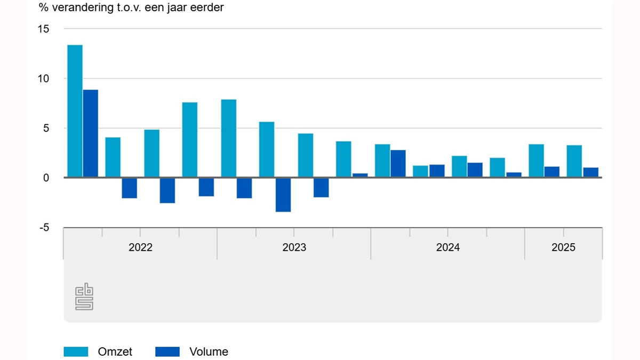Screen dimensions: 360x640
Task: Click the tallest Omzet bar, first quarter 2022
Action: [x=75, y=110]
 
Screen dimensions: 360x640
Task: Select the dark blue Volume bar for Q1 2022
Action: [x=91, y=133]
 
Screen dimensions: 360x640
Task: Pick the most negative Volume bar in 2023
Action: [x=283, y=195]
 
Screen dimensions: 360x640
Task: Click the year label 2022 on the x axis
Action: [x=140, y=247]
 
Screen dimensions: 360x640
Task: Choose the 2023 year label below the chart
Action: [x=294, y=247]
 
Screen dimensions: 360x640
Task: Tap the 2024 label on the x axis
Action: [x=447, y=247]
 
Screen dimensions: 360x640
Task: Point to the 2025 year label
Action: [x=563, y=247]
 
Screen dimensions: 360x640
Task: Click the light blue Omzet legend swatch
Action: [x=76, y=351]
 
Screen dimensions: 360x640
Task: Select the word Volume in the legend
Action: [x=209, y=351]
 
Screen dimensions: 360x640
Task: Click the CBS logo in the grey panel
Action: [x=84, y=297]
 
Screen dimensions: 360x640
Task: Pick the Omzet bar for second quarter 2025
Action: [x=574, y=161]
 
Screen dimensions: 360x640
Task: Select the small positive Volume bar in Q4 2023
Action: [x=360, y=175]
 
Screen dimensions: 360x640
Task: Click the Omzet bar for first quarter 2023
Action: [x=229, y=138]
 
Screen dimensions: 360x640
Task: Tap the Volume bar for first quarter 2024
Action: [x=398, y=163]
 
